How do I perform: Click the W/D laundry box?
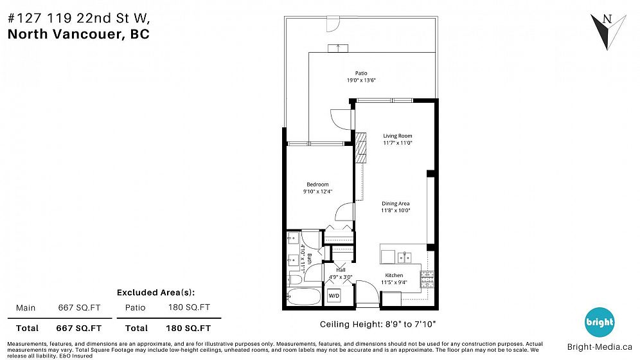334,296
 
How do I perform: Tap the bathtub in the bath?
304,296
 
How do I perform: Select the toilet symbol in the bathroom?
295,280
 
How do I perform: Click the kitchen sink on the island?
404,258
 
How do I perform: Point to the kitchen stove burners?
427,280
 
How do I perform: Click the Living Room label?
398,136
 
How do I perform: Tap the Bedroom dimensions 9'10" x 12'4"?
317,191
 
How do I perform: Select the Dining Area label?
396,203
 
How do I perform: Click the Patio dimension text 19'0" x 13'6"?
361,80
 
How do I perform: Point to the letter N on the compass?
607,19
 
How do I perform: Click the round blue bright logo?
600,322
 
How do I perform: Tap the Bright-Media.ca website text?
600,347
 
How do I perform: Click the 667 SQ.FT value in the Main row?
79,308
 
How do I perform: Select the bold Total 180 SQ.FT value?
188,328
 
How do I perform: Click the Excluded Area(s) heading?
156,292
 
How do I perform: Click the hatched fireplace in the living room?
361,148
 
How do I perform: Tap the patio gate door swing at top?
333,24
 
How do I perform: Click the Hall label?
341,270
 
